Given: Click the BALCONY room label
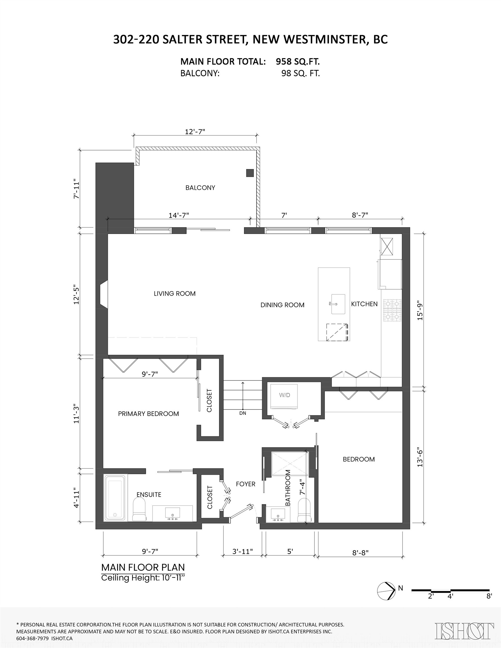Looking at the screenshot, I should (x=200, y=188).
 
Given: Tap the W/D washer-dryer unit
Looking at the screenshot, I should (x=284, y=396).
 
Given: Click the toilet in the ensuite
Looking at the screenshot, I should (x=139, y=509).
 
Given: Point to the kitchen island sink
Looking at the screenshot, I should (x=338, y=304).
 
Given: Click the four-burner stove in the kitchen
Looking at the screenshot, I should (x=392, y=310).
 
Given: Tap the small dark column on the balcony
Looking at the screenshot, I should (x=250, y=173).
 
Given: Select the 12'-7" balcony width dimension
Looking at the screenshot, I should (x=195, y=131).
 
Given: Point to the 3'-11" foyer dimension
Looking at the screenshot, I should (x=242, y=551).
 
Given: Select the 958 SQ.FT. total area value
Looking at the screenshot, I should (x=298, y=61).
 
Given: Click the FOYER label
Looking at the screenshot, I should (x=246, y=484).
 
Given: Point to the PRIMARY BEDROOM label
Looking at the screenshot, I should (x=149, y=414).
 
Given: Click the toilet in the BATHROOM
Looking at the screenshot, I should (x=304, y=510).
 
